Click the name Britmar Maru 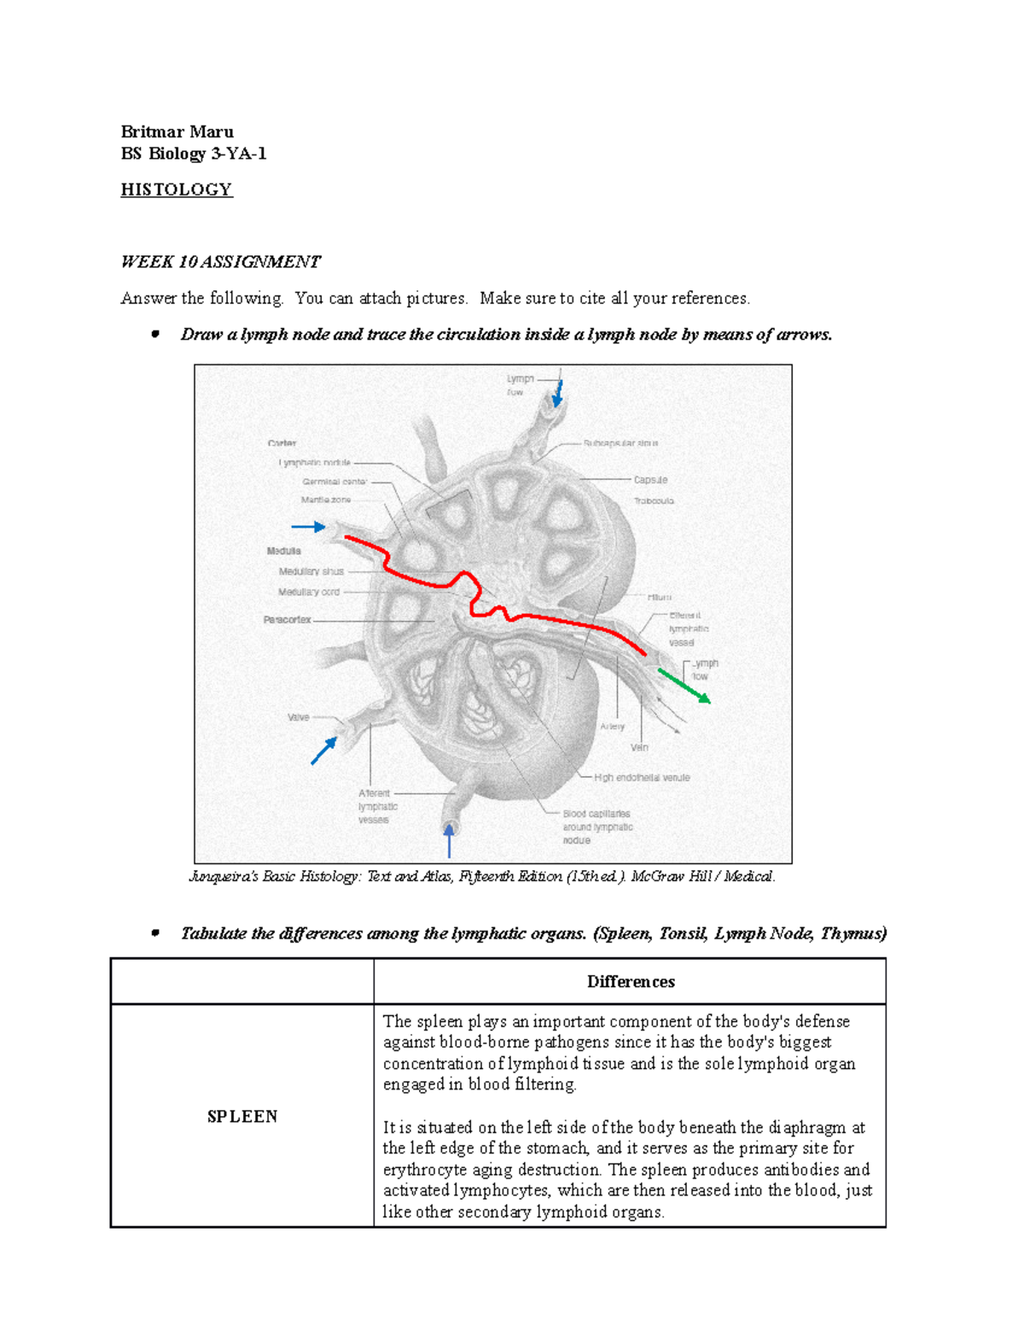pyautogui.click(x=177, y=131)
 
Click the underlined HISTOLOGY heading pyautogui.click(x=176, y=190)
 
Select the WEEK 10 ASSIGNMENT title pyautogui.click(x=220, y=262)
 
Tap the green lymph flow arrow pyautogui.click(x=684, y=686)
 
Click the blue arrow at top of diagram pyautogui.click(x=558, y=393)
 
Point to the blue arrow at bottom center pyautogui.click(x=449, y=840)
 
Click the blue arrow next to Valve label pyautogui.click(x=323, y=751)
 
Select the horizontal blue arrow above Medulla pyautogui.click(x=308, y=527)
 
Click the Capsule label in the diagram pyautogui.click(x=650, y=480)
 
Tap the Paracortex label pyautogui.click(x=287, y=620)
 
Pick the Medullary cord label pyautogui.click(x=308, y=592)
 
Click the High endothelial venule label pyautogui.click(x=642, y=778)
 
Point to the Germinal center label pyautogui.click(x=334, y=482)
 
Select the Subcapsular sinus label pyautogui.click(x=620, y=443)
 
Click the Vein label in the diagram pyautogui.click(x=639, y=747)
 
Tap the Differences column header pyautogui.click(x=630, y=982)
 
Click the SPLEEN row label pyautogui.click(x=242, y=1116)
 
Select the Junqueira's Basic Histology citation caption pyautogui.click(x=482, y=876)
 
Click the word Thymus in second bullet pyautogui.click(x=852, y=933)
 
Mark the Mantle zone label pyautogui.click(x=325, y=500)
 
